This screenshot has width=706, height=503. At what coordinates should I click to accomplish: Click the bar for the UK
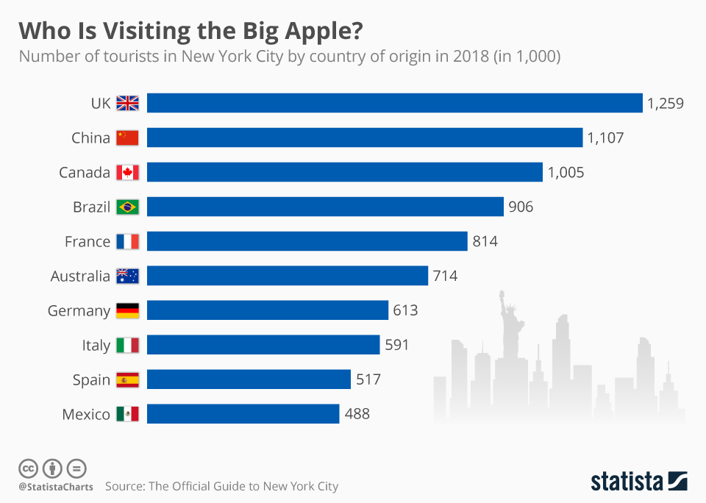click(395, 103)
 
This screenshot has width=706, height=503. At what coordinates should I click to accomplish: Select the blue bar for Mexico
click(243, 414)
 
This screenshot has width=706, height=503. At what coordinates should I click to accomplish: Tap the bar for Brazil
click(325, 207)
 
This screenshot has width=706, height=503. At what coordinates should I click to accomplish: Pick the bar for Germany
click(267, 310)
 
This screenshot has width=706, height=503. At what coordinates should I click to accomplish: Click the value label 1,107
click(605, 138)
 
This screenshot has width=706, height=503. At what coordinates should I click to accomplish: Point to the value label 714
click(445, 276)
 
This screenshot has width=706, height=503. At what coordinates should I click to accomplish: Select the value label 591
click(396, 345)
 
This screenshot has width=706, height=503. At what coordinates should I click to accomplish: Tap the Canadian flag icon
click(127, 172)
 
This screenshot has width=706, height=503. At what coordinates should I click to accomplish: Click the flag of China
click(127, 138)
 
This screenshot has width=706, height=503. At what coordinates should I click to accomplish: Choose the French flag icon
click(127, 241)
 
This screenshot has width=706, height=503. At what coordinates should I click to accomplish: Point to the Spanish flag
click(127, 379)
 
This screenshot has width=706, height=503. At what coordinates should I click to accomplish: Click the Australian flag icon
click(127, 276)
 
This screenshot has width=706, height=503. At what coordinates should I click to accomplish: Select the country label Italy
click(96, 345)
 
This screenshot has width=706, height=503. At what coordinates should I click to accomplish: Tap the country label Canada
click(85, 172)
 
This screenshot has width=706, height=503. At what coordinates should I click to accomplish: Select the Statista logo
click(639, 482)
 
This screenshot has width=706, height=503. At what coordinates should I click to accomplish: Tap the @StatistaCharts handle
click(56, 487)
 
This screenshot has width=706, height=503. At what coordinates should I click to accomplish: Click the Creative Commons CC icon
click(28, 468)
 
